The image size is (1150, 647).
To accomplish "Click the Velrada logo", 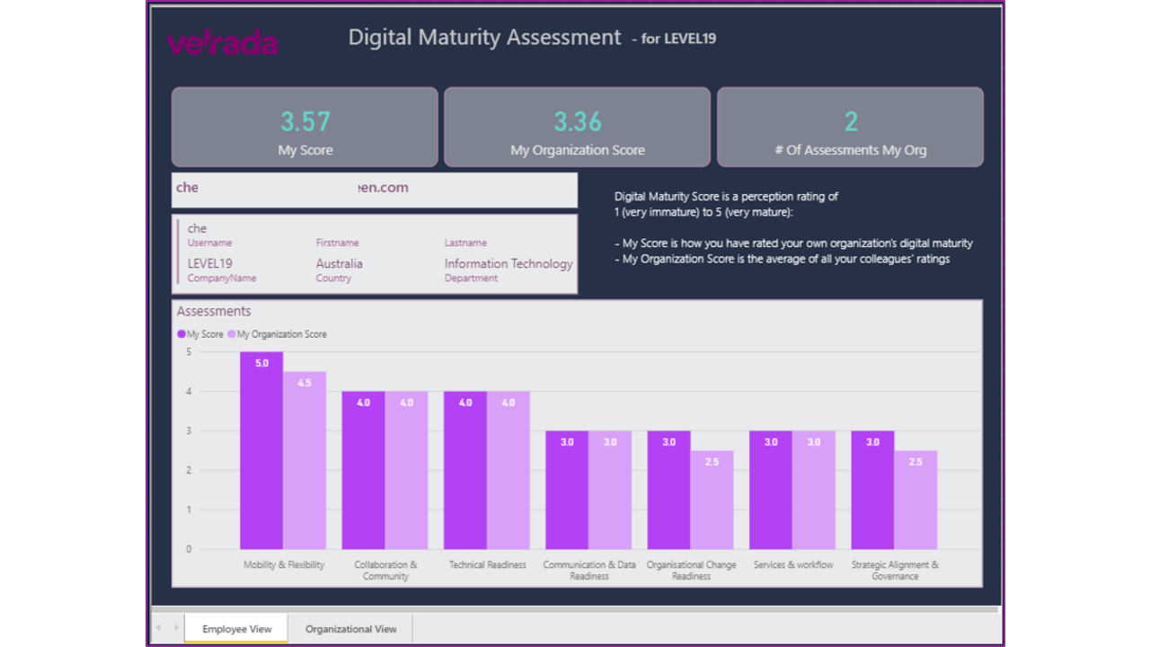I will pyautogui.click(x=222, y=43).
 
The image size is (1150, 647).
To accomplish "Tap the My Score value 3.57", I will pyautogui.click(x=305, y=121).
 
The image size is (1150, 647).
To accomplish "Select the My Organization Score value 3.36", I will pyautogui.click(x=578, y=121).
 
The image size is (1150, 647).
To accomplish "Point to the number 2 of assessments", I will pyautogui.click(x=851, y=121).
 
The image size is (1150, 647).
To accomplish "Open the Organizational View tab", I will pyautogui.click(x=350, y=629).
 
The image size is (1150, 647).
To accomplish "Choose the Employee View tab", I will pyautogui.click(x=236, y=629).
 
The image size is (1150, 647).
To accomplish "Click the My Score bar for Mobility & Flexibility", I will pyautogui.click(x=261, y=450).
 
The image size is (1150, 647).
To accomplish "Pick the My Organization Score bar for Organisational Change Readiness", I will pyautogui.click(x=712, y=500).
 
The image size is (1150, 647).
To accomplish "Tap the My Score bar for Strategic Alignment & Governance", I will pyautogui.click(x=872, y=490).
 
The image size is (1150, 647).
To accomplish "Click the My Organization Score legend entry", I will pyautogui.click(x=278, y=334).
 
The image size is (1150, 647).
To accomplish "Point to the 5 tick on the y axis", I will pyautogui.click(x=189, y=352).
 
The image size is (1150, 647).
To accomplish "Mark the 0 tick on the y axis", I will pyautogui.click(x=189, y=549).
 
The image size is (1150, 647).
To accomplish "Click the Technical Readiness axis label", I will pyautogui.click(x=487, y=565).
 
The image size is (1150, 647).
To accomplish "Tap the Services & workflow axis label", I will pyautogui.click(x=792, y=565).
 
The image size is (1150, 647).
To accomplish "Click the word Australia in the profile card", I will pyautogui.click(x=340, y=264).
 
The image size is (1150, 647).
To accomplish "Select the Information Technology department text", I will pyautogui.click(x=509, y=264).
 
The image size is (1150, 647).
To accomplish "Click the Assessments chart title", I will pyautogui.click(x=214, y=312).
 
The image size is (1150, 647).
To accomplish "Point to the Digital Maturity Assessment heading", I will pyautogui.click(x=484, y=38).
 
